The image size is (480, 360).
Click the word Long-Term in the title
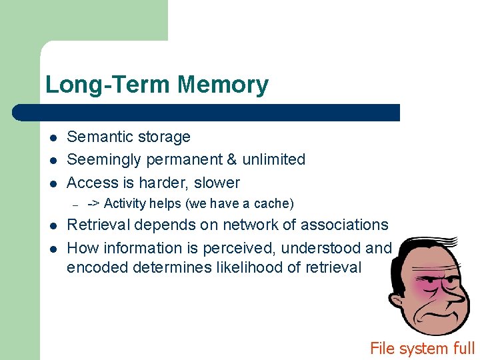click(x=109, y=85)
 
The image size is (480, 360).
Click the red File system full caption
click(x=422, y=348)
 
